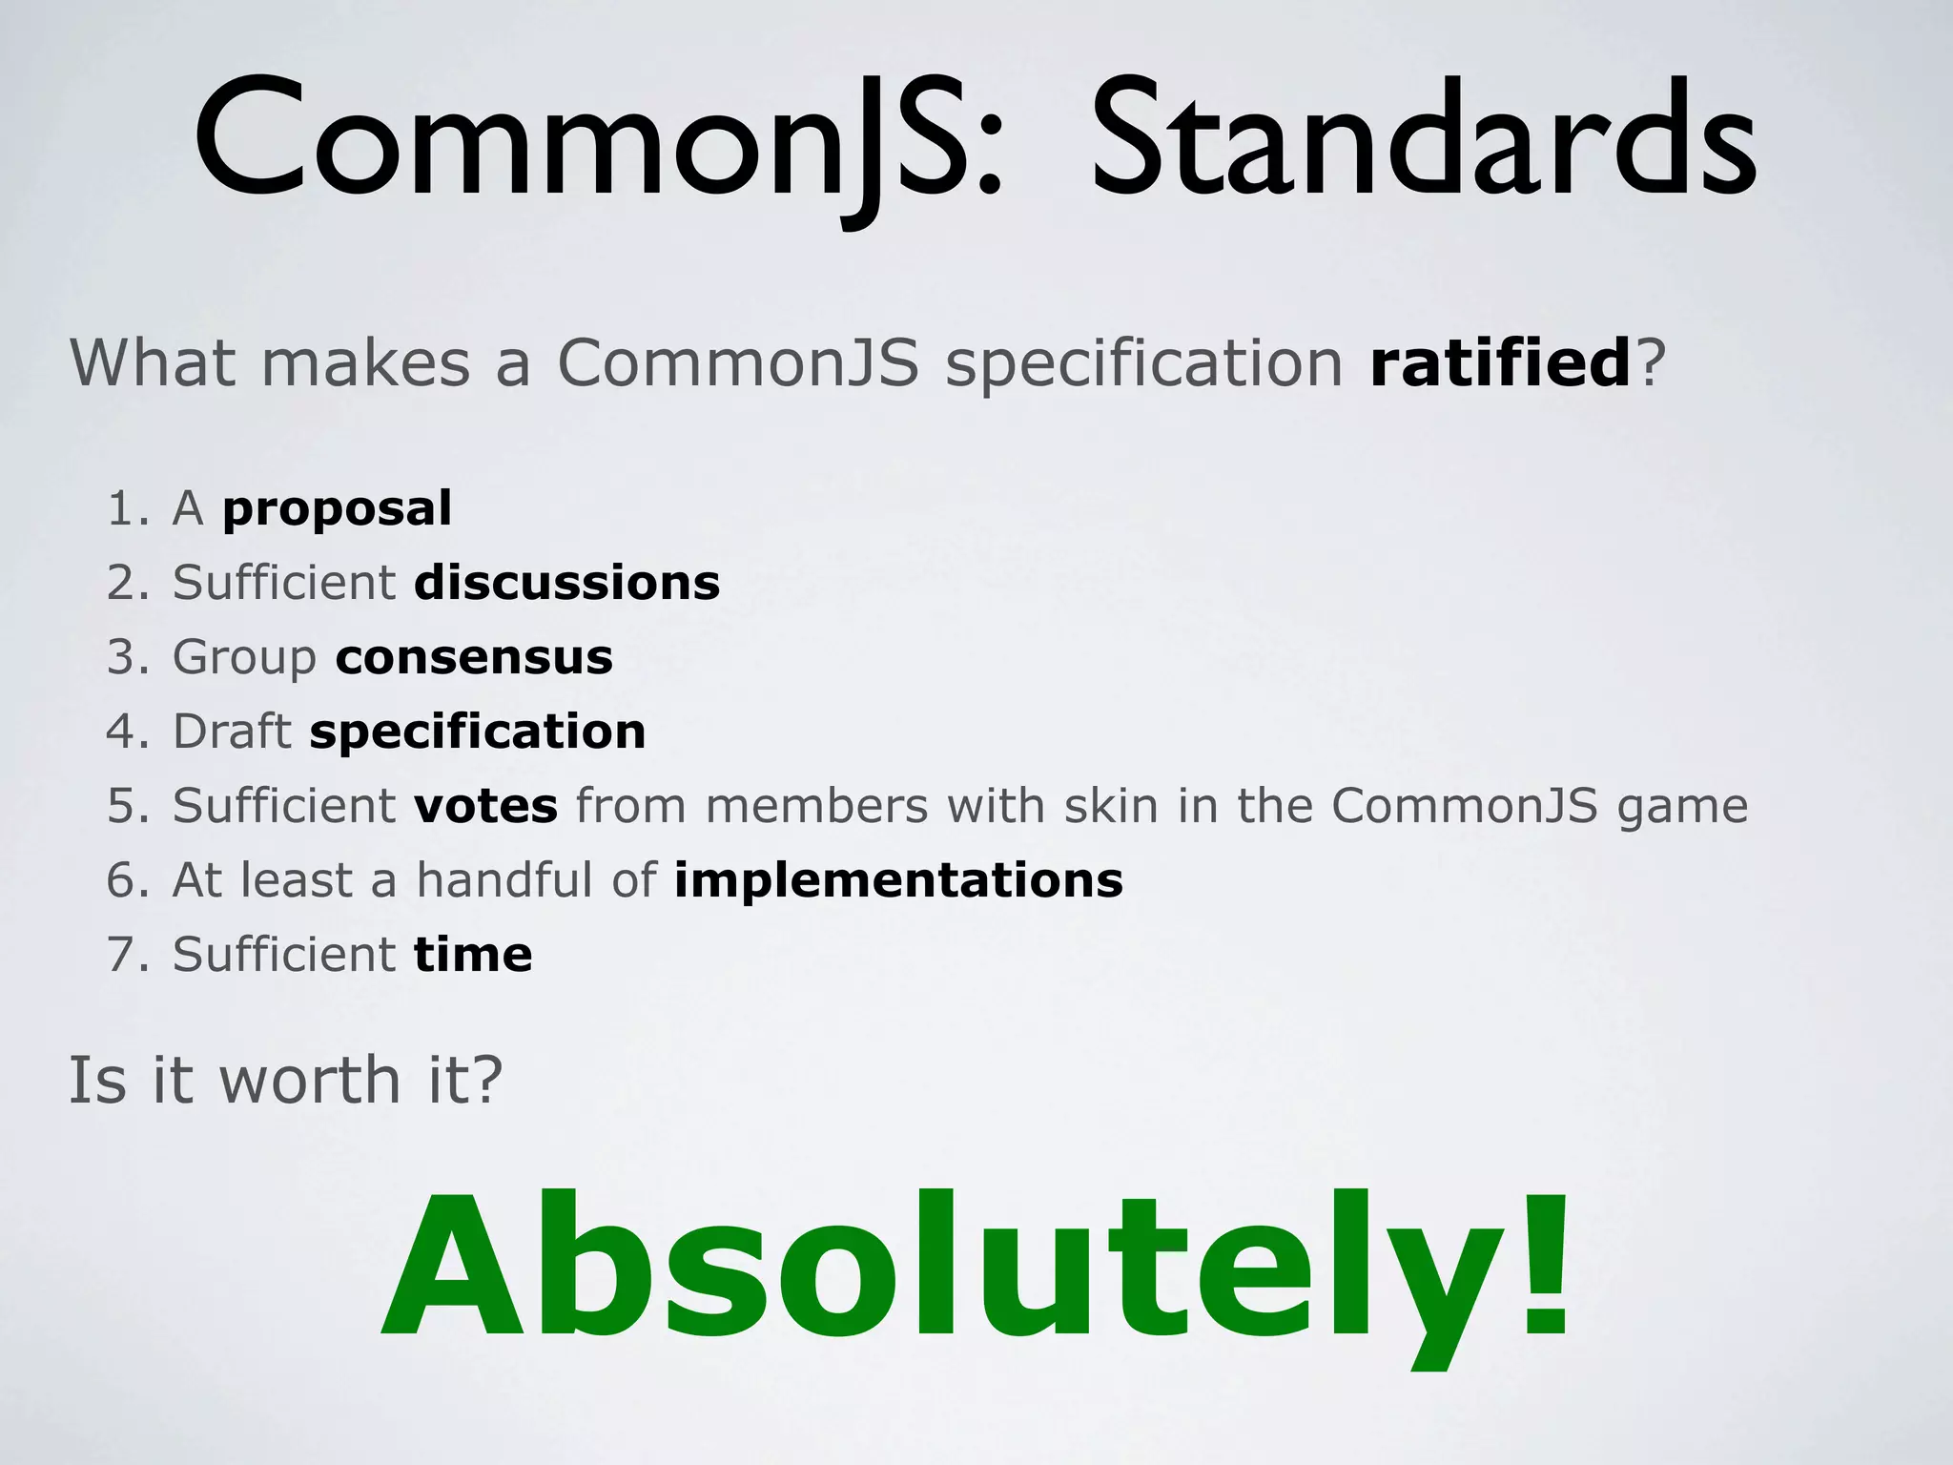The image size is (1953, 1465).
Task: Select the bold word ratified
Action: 1501,363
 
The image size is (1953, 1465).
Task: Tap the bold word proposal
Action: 337,509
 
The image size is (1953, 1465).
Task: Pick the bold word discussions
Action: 567,583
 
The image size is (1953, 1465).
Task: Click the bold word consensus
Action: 474,657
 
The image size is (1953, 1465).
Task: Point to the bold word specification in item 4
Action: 478,732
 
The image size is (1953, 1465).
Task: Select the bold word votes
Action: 485,806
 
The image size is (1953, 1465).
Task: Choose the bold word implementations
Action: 898,880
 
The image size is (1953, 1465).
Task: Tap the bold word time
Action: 473,955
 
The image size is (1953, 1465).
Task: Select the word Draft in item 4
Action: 232,732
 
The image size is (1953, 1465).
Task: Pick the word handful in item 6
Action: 504,880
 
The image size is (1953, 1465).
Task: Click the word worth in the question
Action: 310,1081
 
